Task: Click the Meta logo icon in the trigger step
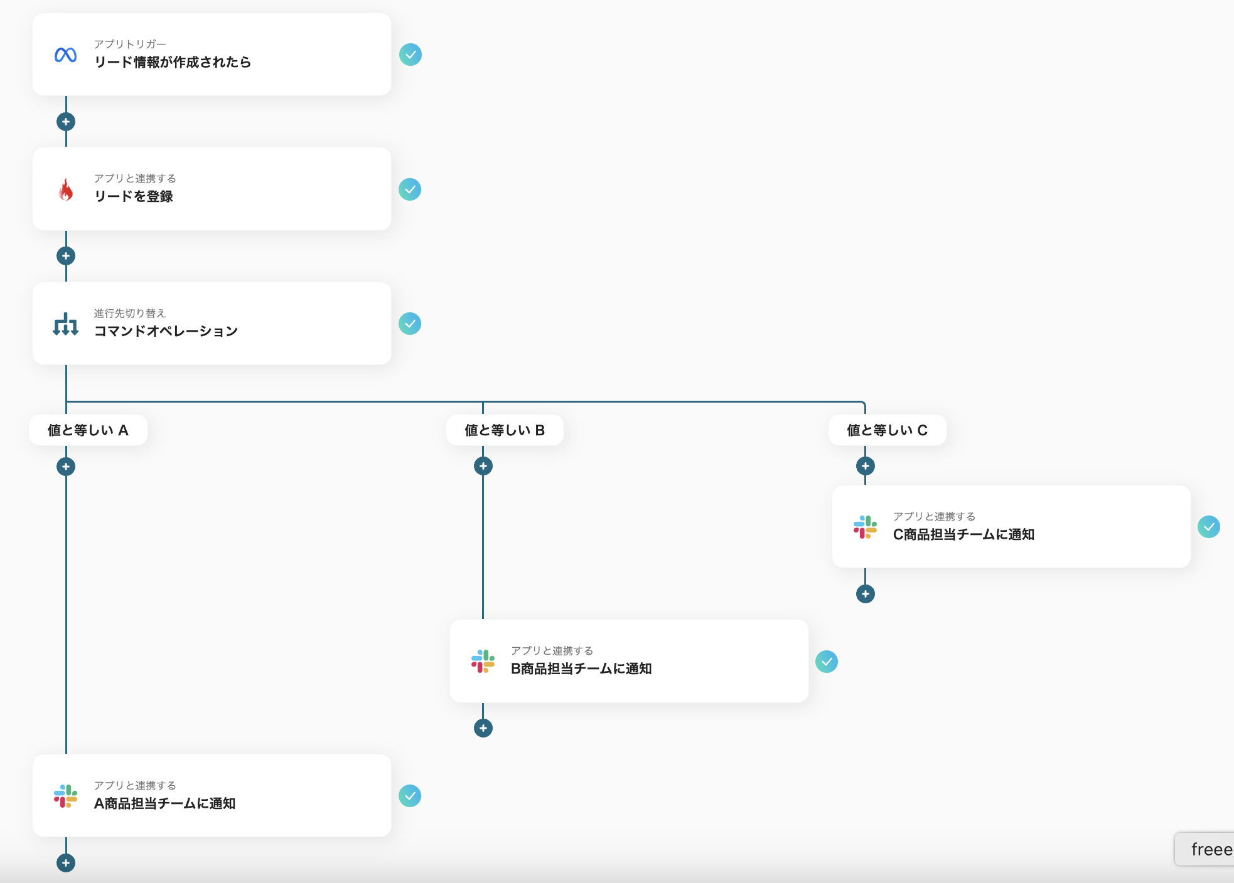tap(66, 55)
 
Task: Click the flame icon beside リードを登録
tap(66, 189)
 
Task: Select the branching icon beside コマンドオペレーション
tap(66, 324)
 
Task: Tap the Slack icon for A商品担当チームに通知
tap(66, 796)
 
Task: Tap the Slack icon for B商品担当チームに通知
tap(483, 662)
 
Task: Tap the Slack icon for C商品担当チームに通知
tap(865, 527)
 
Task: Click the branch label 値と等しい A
tap(89, 430)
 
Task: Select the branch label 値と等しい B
tap(505, 430)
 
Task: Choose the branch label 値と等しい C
tap(887, 430)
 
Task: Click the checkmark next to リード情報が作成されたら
tap(410, 55)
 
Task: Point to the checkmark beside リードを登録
tap(410, 189)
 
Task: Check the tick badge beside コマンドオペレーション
tap(410, 324)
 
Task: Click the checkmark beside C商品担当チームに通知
tap(1208, 527)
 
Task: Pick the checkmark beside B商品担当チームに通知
tap(827, 662)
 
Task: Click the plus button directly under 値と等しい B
tap(483, 466)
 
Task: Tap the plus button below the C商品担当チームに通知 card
tap(866, 594)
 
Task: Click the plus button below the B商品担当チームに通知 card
tap(483, 728)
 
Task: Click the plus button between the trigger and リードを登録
tap(66, 122)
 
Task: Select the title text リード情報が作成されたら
tap(173, 62)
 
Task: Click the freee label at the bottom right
tap(1211, 850)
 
